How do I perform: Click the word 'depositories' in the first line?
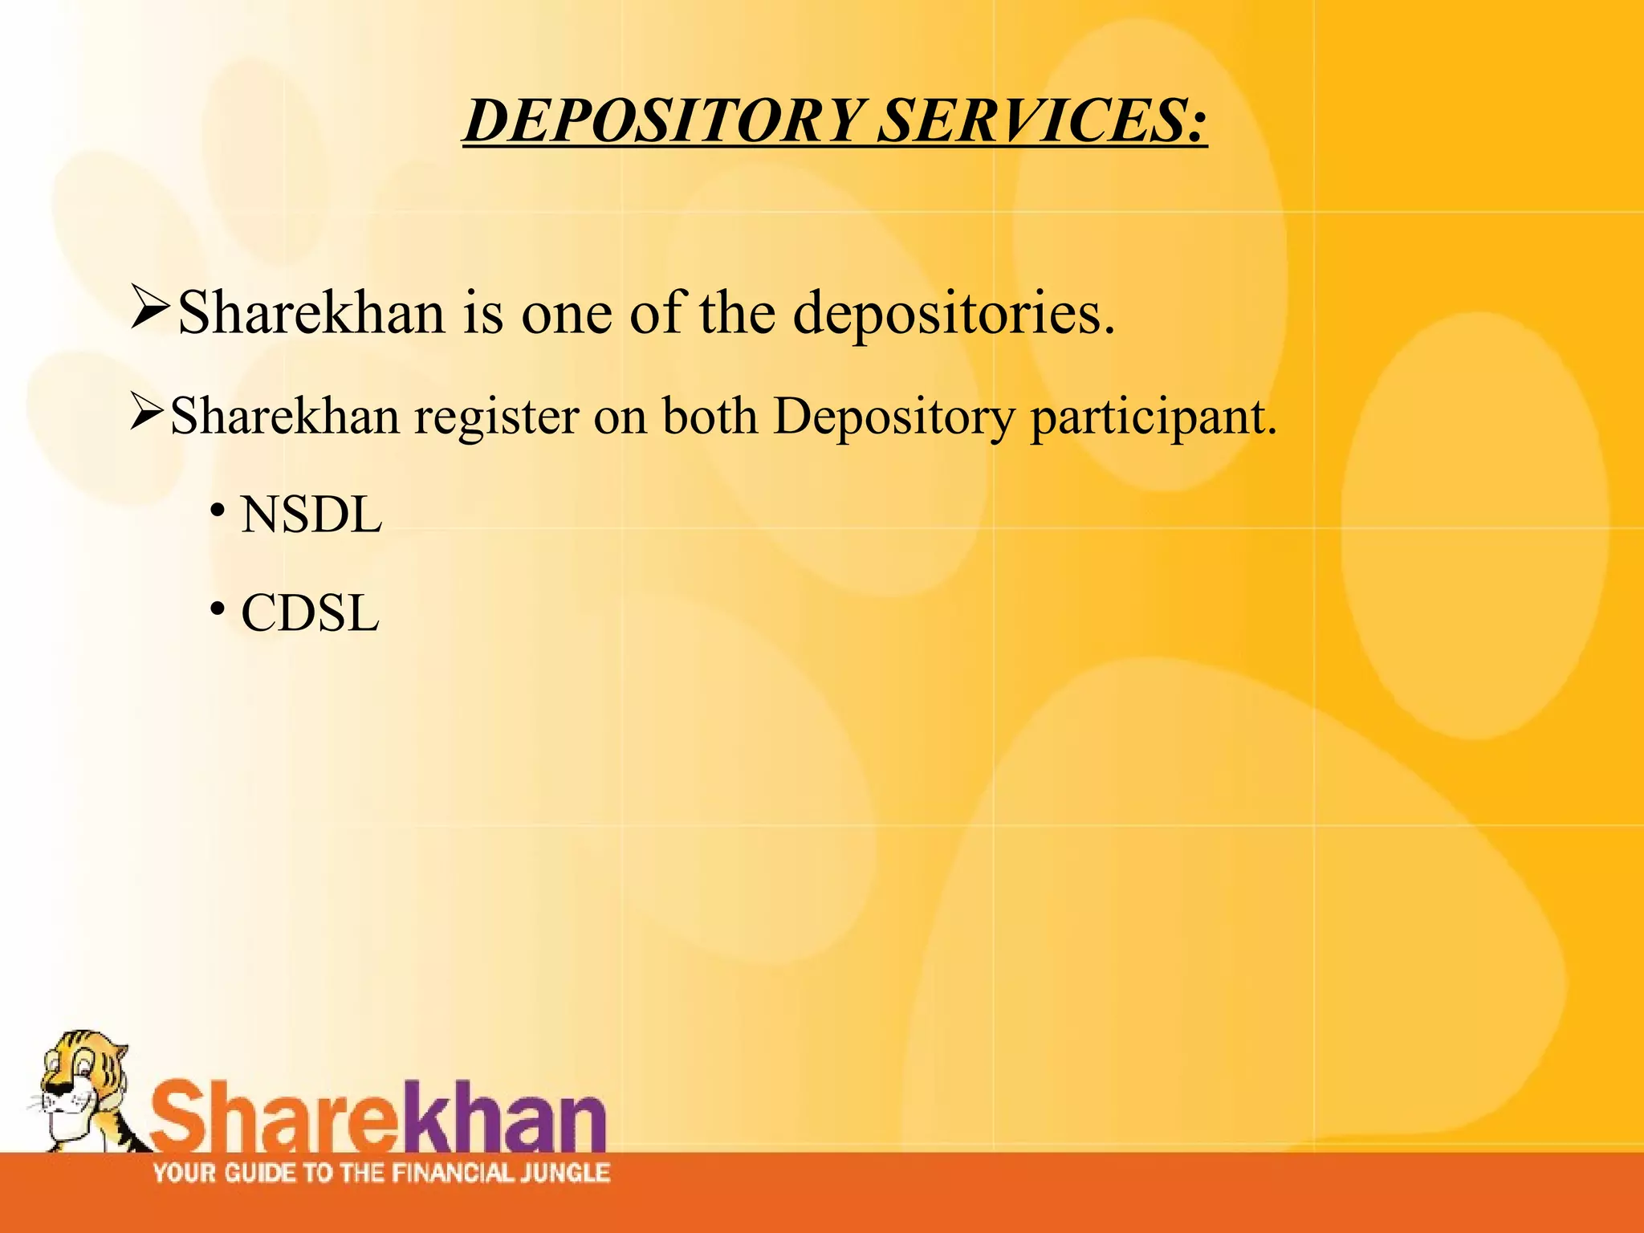[x=954, y=313]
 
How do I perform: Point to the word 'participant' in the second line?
[x=1153, y=417]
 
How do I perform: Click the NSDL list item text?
[x=311, y=515]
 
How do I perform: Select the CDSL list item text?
[x=309, y=614]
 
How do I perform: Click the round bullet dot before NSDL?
[x=216, y=511]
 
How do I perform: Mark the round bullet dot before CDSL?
[x=216, y=610]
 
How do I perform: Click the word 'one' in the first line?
[x=566, y=313]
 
